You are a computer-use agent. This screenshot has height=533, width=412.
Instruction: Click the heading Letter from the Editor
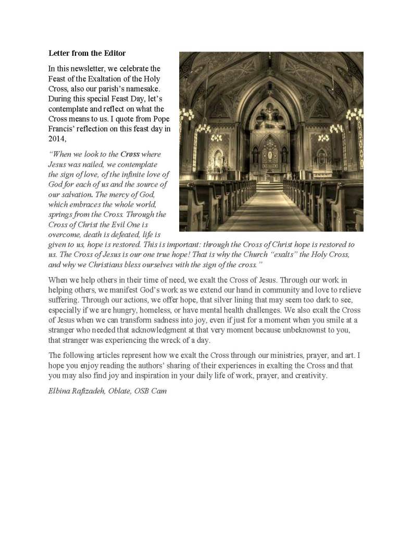point(87,53)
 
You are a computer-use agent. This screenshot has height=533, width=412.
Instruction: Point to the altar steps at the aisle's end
point(270,186)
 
